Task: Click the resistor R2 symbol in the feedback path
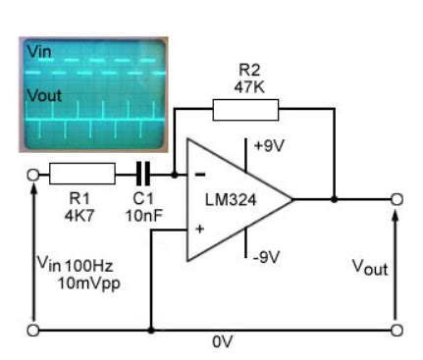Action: [x=238, y=109]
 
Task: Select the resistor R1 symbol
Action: [x=80, y=175]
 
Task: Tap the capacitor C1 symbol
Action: [x=143, y=175]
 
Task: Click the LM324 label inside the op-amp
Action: [x=231, y=199]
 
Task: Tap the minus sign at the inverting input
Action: [x=199, y=176]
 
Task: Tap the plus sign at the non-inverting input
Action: [x=200, y=228]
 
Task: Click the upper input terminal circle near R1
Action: [x=34, y=175]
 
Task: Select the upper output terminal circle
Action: [x=397, y=199]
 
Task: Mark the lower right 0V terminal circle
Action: [x=397, y=328]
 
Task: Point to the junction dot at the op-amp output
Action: [x=334, y=199]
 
